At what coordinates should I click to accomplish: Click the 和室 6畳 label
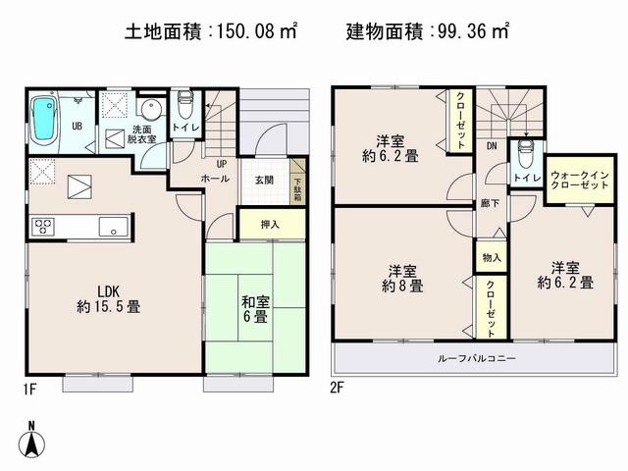click(x=255, y=309)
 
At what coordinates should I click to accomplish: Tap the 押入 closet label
click(x=270, y=225)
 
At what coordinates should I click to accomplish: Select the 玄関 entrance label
click(x=265, y=179)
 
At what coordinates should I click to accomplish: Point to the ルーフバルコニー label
click(x=476, y=359)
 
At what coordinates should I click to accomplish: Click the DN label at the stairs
click(x=492, y=146)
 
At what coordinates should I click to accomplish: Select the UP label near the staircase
click(x=222, y=164)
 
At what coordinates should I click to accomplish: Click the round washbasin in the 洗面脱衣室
click(x=147, y=109)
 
